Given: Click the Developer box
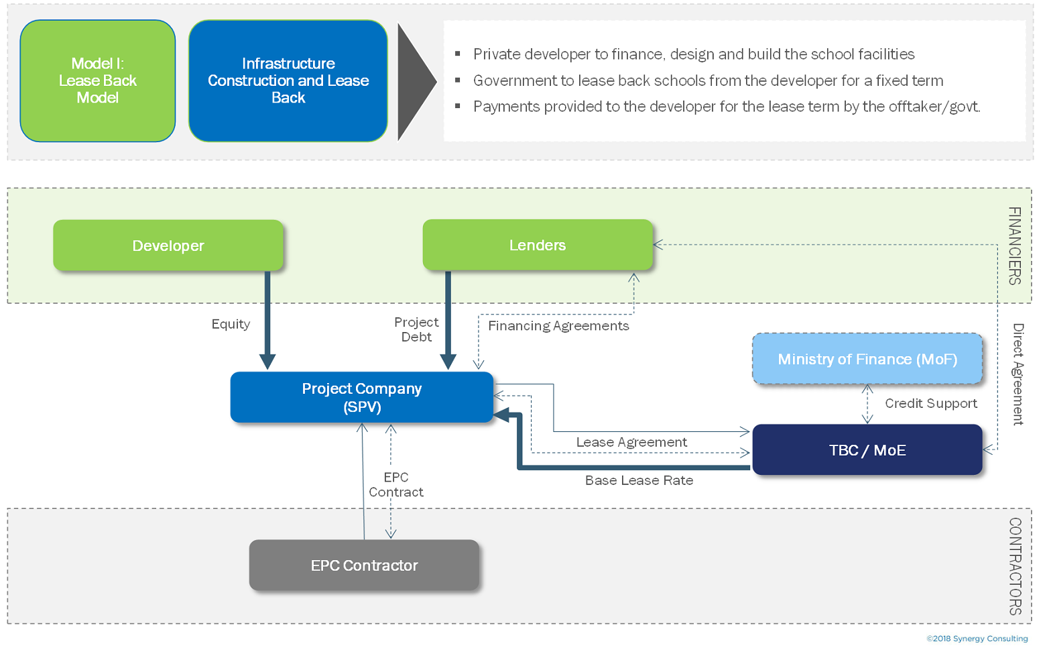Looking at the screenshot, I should coord(168,246).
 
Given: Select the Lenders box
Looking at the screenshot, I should coord(537,245).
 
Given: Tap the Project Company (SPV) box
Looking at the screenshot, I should coord(362,397).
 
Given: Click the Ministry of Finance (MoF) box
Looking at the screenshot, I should coord(867,359).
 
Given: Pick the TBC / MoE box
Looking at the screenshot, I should coord(867,450).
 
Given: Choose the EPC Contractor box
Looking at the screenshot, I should coord(364,565).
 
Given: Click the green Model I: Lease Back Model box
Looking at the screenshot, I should coord(98,80).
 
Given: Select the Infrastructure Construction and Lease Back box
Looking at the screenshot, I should coord(288,80).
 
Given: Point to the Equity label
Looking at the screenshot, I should coord(231,324).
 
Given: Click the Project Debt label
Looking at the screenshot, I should coord(416,329).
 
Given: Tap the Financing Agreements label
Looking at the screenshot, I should coord(558,326).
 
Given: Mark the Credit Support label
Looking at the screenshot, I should coord(931,403).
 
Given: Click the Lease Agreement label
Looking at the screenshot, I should coord(631,442).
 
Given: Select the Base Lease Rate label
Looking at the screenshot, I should coord(639,480).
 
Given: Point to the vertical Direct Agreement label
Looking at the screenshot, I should coord(1018,374).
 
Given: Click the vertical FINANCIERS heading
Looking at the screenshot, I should coord(1015,246).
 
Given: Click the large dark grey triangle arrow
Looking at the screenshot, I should coord(415,82).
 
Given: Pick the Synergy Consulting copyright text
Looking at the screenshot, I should coord(977,639).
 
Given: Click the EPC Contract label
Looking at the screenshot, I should coord(396,484).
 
